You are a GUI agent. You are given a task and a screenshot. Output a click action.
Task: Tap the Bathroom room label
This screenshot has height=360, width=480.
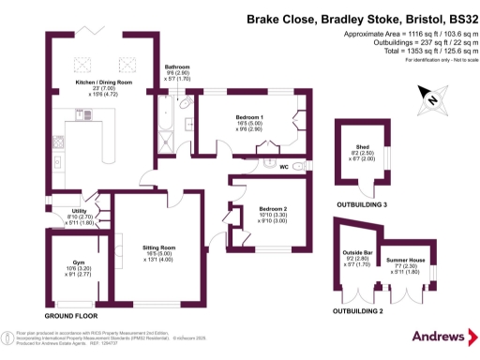(177, 67)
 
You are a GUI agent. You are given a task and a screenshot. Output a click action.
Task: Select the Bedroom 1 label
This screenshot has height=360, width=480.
(249, 116)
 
